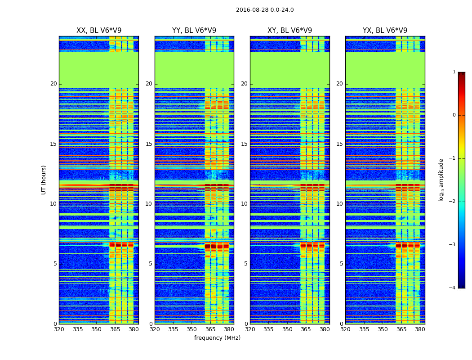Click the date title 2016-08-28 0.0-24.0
265,10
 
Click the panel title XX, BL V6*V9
99,31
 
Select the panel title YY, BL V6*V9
194,31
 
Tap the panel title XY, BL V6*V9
289,31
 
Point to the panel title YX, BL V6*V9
385,31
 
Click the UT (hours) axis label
44,180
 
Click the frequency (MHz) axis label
217,338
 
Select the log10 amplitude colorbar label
441,180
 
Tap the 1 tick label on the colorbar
454,72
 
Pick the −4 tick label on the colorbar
453,288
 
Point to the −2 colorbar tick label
453,202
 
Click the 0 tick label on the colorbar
454,115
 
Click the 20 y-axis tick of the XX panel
53,84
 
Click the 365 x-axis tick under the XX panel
115,329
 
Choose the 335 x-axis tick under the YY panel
173,329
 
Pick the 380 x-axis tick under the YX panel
420,329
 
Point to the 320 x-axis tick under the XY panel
250,329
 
